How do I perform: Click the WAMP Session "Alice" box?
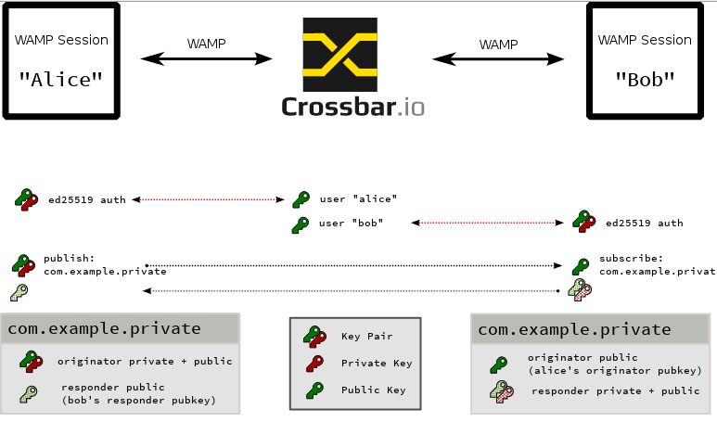click(61, 60)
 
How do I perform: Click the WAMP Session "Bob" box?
click(645, 60)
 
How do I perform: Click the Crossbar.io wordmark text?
click(352, 106)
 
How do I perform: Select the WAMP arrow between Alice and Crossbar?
click(206, 58)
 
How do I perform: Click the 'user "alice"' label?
click(358, 198)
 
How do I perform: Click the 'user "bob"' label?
click(351, 224)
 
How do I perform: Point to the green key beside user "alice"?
click(301, 199)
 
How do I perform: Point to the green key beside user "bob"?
click(301, 224)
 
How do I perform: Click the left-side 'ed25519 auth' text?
click(87, 198)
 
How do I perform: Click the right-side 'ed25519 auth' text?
click(644, 224)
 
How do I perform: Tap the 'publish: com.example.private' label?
click(105, 264)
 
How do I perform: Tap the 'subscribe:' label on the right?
click(631, 258)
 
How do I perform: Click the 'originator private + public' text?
click(145, 361)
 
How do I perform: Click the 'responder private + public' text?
click(615, 390)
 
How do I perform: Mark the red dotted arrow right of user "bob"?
click(488, 224)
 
